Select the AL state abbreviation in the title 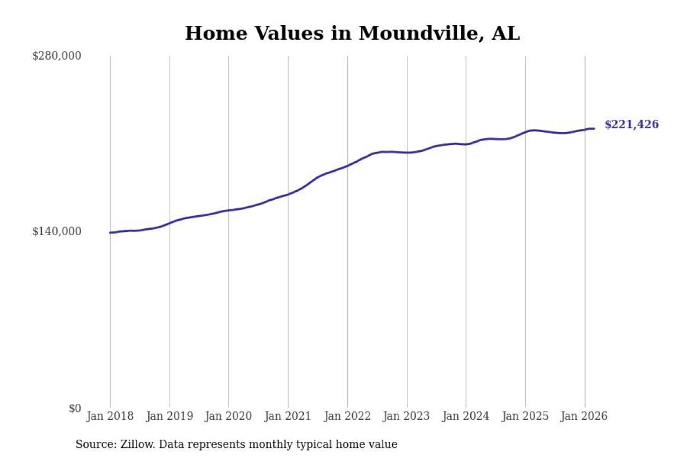tap(506, 33)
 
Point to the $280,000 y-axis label tap(57, 56)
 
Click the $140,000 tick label tap(57, 231)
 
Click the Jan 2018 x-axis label tap(111, 417)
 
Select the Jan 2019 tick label tap(170, 417)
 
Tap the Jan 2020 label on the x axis tap(229, 417)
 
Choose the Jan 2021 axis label tap(288, 417)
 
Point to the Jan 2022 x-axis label tap(347, 417)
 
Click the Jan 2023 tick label tap(407, 417)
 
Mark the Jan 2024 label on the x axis tap(466, 417)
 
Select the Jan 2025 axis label tap(525, 417)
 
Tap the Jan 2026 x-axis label tap(584, 417)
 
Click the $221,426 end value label tap(632, 125)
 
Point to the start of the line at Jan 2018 tap(111, 232)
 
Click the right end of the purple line tap(594, 128)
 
